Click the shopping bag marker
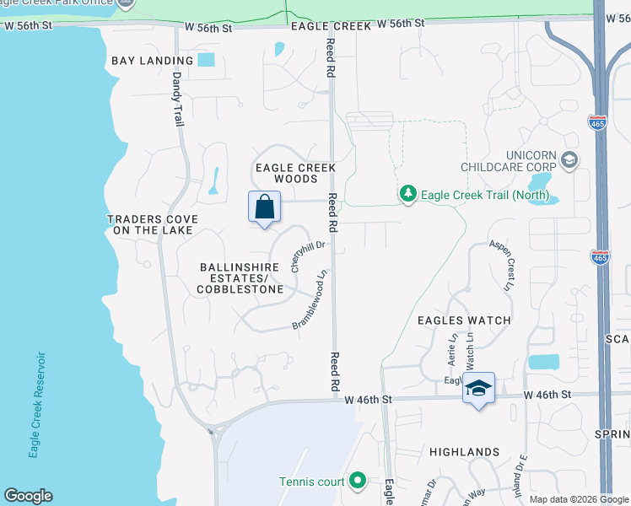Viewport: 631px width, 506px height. pos(264,207)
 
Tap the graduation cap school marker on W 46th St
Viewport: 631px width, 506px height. pos(478,388)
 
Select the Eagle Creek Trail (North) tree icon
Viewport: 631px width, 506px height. pos(408,195)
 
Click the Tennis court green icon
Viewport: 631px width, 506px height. pos(358,482)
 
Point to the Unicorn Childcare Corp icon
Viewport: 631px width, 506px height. pos(569,160)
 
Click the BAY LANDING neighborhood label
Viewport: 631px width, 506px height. pos(152,61)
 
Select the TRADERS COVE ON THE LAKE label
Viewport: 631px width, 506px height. pos(153,224)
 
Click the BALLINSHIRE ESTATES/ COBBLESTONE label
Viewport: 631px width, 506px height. pos(240,278)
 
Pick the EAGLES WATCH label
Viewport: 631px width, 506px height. pos(464,320)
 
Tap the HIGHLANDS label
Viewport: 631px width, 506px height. pos(464,452)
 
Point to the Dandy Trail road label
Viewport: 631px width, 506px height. pos(178,99)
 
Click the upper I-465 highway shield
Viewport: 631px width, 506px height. pos(598,123)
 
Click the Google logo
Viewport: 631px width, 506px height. pos(28,496)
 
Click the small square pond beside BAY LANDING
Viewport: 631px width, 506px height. pos(207,60)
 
